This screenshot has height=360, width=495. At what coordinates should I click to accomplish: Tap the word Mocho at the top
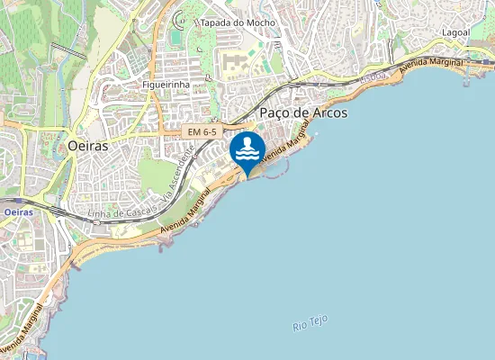[x=264, y=22]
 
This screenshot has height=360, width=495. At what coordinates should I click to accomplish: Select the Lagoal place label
[x=455, y=31]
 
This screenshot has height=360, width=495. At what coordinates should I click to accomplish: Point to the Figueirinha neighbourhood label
[x=166, y=84]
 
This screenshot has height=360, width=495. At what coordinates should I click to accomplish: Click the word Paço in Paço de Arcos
[x=276, y=113]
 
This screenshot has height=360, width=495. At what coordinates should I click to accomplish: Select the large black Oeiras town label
[x=87, y=144]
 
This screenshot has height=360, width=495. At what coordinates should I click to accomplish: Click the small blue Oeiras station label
[x=18, y=211]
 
